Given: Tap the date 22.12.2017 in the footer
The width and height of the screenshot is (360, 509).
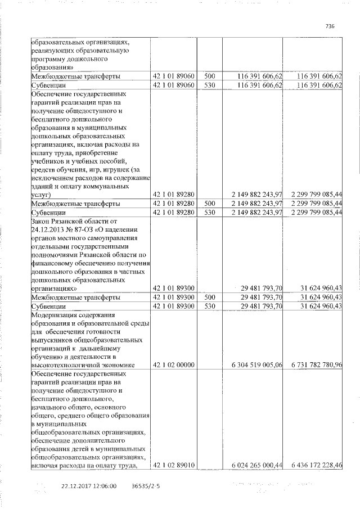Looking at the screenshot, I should point(76,486).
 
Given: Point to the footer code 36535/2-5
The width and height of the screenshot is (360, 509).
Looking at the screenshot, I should point(146,486).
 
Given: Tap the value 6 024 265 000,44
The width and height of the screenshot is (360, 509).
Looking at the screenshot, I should point(253,465).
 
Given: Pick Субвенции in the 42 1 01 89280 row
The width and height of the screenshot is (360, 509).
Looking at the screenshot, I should point(48,213).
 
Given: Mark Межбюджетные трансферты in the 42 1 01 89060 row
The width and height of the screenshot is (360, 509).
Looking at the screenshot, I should point(75,76).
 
